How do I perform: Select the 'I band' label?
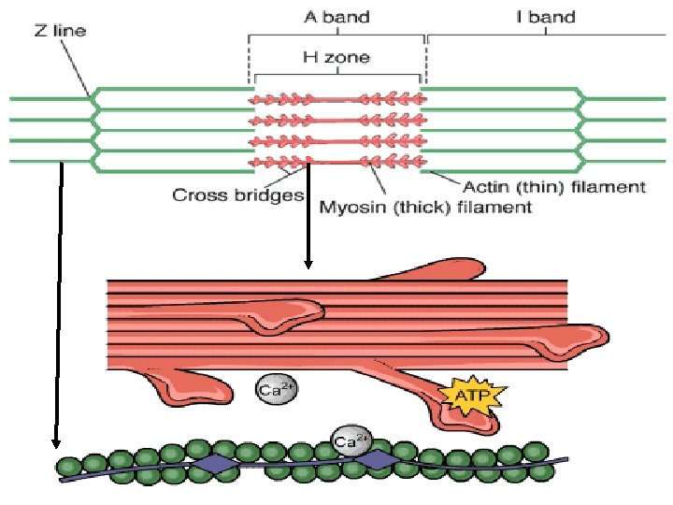tap(546, 16)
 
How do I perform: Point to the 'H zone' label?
tap(336, 57)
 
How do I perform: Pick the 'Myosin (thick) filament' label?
tap(424, 207)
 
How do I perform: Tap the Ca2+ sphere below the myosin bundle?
tap(271, 389)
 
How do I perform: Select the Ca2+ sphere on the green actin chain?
tap(350, 440)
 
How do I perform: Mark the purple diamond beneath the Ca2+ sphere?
tap(376, 459)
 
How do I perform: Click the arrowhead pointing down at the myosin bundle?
tap(308, 264)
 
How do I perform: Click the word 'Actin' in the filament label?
tap(486, 187)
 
